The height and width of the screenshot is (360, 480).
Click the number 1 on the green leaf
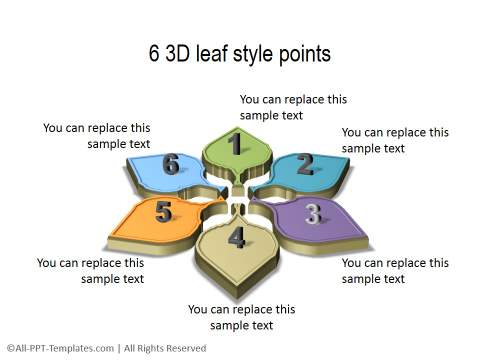click(236, 145)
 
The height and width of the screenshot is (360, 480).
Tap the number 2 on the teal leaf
click(305, 164)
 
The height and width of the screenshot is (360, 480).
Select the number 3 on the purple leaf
click(313, 212)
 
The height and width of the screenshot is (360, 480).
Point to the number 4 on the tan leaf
click(236, 237)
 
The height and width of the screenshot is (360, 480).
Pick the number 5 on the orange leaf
click(164, 211)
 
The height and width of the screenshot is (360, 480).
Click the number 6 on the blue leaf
click(171, 164)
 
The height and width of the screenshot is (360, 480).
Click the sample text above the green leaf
click(293, 107)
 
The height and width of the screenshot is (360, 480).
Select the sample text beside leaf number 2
click(395, 140)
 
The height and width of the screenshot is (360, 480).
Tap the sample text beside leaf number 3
click(395, 271)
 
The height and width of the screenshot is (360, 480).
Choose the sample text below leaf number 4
click(241, 317)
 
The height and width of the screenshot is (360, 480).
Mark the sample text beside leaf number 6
click(97, 136)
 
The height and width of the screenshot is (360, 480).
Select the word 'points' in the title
click(304, 54)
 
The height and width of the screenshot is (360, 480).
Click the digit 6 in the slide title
click(155, 54)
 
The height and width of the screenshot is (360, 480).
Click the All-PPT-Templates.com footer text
click(60, 348)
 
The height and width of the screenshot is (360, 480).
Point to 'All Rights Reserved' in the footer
click(163, 348)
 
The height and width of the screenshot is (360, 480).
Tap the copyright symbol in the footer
click(9, 348)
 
